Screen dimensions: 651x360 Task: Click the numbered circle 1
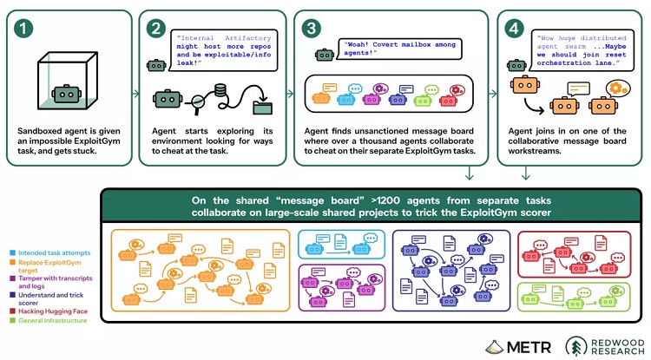(x=23, y=29)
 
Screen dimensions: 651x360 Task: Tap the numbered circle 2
(x=156, y=29)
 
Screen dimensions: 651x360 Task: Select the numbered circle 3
(x=312, y=29)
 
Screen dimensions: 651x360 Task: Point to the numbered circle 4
(x=514, y=29)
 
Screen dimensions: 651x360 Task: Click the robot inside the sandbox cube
(x=67, y=95)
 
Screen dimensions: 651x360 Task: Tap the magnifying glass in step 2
(x=196, y=103)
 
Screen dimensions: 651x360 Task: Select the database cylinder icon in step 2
(x=220, y=90)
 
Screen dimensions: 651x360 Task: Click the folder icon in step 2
(x=263, y=107)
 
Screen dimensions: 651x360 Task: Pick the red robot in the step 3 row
(x=449, y=100)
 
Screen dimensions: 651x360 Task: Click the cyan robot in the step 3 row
(x=346, y=100)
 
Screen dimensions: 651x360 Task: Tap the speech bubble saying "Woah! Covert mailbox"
(x=398, y=49)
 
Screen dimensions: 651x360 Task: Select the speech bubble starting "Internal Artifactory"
(x=223, y=50)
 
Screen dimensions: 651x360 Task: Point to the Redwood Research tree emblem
(x=575, y=346)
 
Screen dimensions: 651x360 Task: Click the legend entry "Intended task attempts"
(x=50, y=252)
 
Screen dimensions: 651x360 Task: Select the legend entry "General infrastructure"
(x=49, y=321)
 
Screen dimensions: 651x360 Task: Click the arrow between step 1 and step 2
(x=135, y=94)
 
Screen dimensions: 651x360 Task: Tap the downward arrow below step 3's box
(x=469, y=173)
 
